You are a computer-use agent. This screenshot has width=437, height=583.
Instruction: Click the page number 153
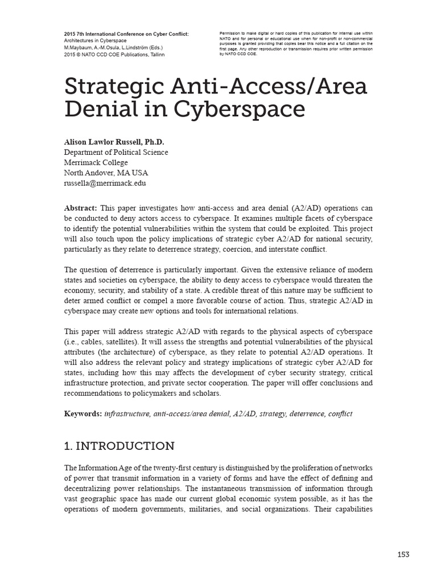tap(403, 554)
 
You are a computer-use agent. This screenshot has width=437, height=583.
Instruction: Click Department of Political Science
tap(116, 153)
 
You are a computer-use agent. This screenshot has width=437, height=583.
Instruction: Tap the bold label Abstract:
tap(80, 208)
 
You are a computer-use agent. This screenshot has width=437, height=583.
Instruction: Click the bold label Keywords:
tap(83, 413)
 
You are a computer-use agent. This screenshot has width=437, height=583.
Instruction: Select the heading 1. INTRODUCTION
tap(119, 445)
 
